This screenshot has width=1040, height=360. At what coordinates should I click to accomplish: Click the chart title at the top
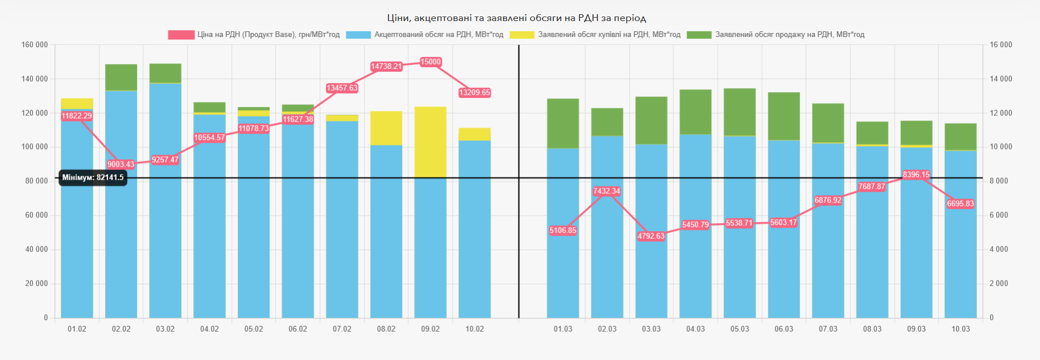[x=516, y=18]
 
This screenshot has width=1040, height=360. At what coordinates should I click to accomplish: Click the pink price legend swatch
[x=181, y=35]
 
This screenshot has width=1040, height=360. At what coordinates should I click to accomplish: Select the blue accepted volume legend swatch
[x=358, y=35]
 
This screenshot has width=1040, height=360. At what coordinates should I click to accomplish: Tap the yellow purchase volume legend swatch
[x=522, y=35]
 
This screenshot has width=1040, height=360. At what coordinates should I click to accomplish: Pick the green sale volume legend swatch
[x=699, y=35]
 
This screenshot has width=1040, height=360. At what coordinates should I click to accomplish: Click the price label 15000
[x=430, y=62]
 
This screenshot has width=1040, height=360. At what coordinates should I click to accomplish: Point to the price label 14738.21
[x=386, y=67]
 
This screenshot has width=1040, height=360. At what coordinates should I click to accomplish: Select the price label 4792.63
[x=650, y=236]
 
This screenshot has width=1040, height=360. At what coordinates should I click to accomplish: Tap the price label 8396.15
[x=916, y=175]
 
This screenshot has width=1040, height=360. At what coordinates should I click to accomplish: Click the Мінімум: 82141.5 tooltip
[x=93, y=177]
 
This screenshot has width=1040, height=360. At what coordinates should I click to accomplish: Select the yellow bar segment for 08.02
[x=386, y=128]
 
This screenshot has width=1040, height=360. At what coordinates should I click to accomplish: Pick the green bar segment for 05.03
[x=739, y=112]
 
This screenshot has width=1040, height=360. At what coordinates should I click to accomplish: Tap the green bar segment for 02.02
[x=121, y=77]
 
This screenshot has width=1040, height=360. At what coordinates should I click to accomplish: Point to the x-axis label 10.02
[x=475, y=329]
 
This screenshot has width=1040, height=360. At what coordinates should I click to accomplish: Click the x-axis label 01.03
[x=563, y=329]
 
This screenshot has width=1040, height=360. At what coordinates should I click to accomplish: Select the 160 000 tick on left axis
[x=35, y=45]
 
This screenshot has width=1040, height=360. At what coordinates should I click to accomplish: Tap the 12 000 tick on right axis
[x=1001, y=113]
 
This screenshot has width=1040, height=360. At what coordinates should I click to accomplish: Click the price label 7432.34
[x=606, y=191]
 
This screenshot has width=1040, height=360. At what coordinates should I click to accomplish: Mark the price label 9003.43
[x=121, y=164]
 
